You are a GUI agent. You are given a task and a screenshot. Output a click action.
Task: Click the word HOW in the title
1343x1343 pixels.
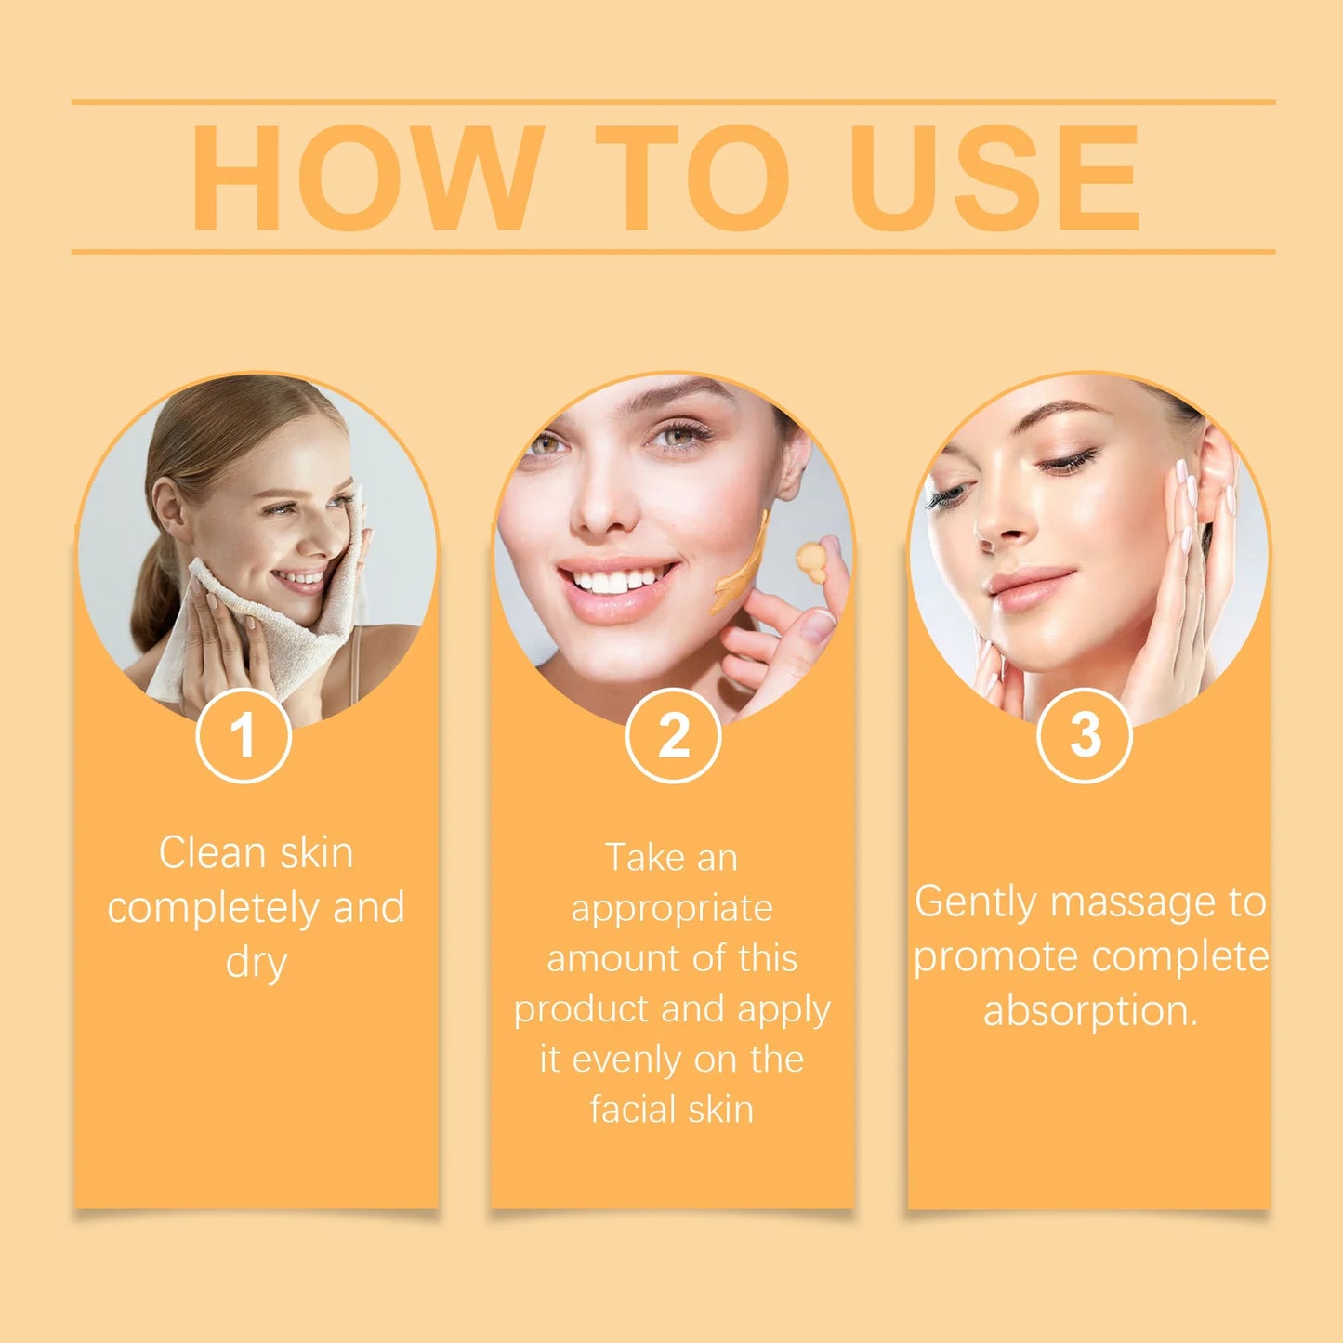click(366, 178)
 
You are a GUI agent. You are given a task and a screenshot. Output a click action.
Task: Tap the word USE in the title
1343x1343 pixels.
click(994, 178)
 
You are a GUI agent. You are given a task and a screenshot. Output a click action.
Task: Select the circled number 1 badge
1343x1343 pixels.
click(244, 735)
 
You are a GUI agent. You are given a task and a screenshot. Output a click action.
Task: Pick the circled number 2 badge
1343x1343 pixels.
click(673, 735)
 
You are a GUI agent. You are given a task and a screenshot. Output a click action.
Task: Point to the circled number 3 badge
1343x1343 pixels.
click(1084, 735)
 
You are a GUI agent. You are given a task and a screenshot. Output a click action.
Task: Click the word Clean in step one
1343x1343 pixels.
click(213, 853)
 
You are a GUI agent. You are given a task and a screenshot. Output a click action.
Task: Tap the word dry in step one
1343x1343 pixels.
click(257, 963)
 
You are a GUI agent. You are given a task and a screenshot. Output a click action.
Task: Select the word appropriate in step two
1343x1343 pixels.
click(672, 909)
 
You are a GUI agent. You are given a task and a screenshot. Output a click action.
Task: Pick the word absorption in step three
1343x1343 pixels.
click(1089, 1011)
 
